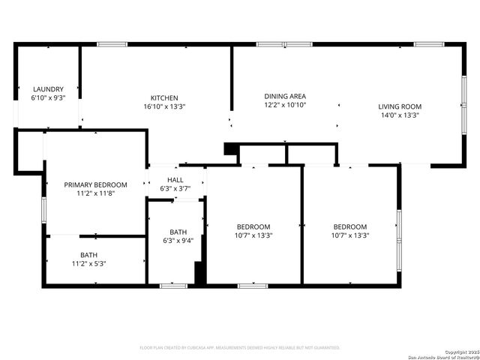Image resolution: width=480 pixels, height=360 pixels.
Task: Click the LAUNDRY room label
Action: click(x=47, y=88)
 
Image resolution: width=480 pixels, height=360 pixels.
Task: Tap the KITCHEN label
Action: click(x=164, y=97)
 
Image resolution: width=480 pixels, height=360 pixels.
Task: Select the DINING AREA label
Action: click(x=285, y=96)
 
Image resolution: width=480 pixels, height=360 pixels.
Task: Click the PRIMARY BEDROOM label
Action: click(x=95, y=184)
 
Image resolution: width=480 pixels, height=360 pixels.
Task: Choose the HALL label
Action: click(x=175, y=180)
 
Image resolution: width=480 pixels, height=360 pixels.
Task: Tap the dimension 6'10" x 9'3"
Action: click(x=47, y=97)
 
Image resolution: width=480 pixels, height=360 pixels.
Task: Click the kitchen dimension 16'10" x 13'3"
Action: click(x=164, y=106)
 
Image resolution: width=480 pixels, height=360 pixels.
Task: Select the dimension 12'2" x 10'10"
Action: click(x=285, y=105)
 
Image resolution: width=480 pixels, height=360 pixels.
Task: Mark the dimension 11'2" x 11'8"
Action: click(x=95, y=193)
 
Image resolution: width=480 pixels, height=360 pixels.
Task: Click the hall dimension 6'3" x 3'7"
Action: click(x=175, y=188)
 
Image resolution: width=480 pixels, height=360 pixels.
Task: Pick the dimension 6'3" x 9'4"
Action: click(x=178, y=241)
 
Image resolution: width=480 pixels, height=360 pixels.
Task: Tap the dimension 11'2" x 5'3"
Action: click(x=89, y=264)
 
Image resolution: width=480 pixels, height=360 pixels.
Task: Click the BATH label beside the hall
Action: click(x=178, y=232)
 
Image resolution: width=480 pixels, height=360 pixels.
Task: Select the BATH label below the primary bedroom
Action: click(x=89, y=255)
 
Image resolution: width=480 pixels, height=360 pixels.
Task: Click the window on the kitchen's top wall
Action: click(x=112, y=44)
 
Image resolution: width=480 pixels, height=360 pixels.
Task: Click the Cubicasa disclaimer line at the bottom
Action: click(x=240, y=347)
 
